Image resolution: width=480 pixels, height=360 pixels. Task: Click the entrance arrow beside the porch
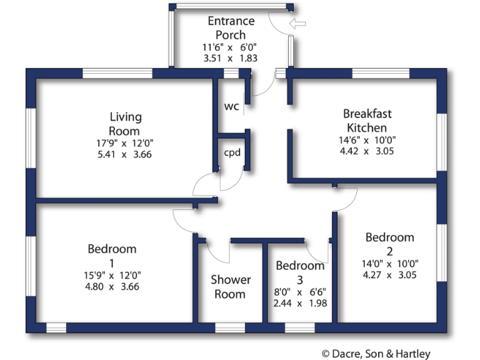298,24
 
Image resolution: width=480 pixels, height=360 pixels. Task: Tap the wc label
231,106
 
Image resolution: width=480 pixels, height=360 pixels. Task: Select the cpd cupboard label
232,152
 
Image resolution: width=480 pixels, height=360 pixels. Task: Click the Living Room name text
125,124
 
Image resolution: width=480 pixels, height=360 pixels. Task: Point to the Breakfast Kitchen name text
367,120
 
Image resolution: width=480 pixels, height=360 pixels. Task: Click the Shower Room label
231,287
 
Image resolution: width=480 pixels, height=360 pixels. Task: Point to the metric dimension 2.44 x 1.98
300,303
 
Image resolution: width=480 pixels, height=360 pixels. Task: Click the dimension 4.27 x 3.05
389,274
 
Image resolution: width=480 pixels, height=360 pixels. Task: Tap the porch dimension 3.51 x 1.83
230,57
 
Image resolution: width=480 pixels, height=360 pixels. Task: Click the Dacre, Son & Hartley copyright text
376,354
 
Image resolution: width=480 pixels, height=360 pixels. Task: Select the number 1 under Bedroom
112,262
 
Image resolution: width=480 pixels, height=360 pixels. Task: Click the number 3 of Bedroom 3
300,278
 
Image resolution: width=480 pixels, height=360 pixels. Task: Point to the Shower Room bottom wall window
231,327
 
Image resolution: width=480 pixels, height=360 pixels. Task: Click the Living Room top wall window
117,73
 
